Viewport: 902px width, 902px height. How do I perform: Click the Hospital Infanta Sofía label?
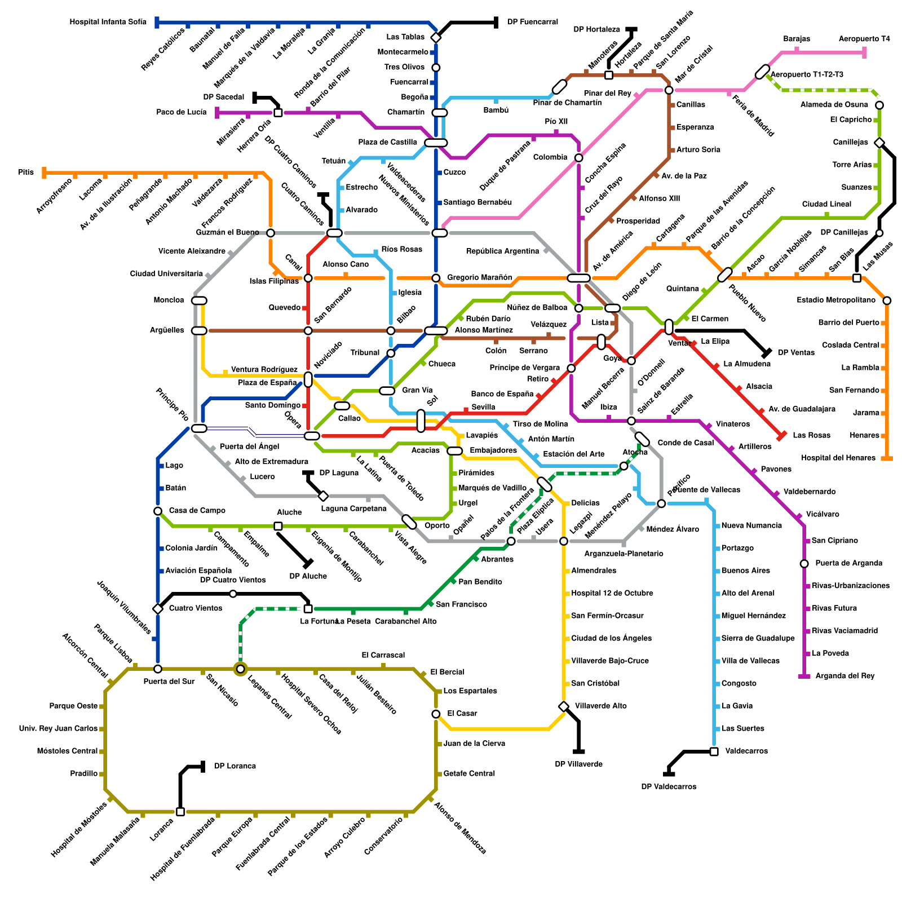[108, 23]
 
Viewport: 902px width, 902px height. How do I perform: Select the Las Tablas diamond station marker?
[436, 38]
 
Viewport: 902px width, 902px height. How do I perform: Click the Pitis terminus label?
[26, 173]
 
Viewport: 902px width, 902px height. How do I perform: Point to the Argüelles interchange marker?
[199, 331]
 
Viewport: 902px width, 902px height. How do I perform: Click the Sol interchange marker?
[421, 421]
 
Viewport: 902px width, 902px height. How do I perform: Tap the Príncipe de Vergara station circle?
[571, 369]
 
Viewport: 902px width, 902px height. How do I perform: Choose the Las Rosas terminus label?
[811, 435]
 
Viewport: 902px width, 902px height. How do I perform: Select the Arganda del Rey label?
[845, 676]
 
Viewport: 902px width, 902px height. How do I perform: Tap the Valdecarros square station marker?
[714, 751]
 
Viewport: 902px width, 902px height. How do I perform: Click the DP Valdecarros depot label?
[669, 787]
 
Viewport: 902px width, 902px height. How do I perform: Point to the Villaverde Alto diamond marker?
[564, 706]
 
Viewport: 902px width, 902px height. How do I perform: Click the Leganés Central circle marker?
[241, 669]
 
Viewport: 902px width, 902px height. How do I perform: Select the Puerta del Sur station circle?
[158, 669]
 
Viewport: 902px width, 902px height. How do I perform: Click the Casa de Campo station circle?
[158, 511]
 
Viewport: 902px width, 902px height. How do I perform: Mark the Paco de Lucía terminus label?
[182, 113]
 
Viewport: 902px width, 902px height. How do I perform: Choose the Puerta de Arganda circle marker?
[804, 564]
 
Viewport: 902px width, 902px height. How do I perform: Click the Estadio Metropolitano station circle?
[887, 301]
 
